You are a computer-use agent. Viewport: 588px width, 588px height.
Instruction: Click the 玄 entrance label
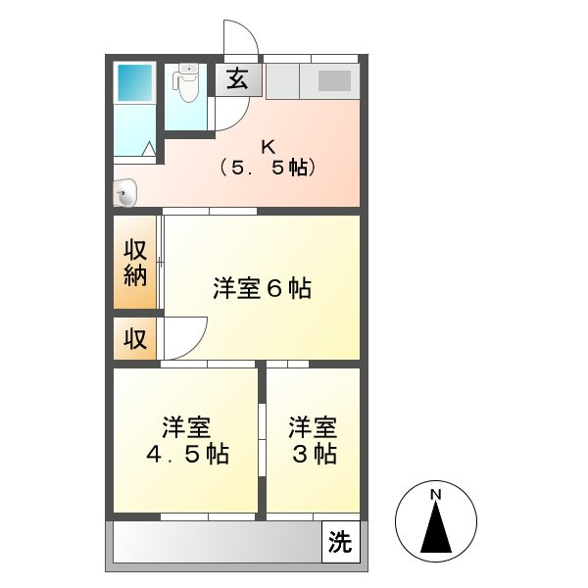pyautogui.click(x=236, y=79)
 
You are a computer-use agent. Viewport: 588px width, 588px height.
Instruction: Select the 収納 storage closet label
pyautogui.click(x=135, y=263)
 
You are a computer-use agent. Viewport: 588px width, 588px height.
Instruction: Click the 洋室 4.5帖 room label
pyautogui.click(x=186, y=442)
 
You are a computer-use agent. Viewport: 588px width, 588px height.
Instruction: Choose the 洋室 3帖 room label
pyautogui.click(x=313, y=442)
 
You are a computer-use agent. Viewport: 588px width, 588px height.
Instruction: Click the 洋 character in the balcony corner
pyautogui.click(x=339, y=541)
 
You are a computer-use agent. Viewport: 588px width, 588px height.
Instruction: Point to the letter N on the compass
pyautogui.click(x=435, y=494)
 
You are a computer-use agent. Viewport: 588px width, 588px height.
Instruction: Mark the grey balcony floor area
pyautogui.click(x=216, y=541)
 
